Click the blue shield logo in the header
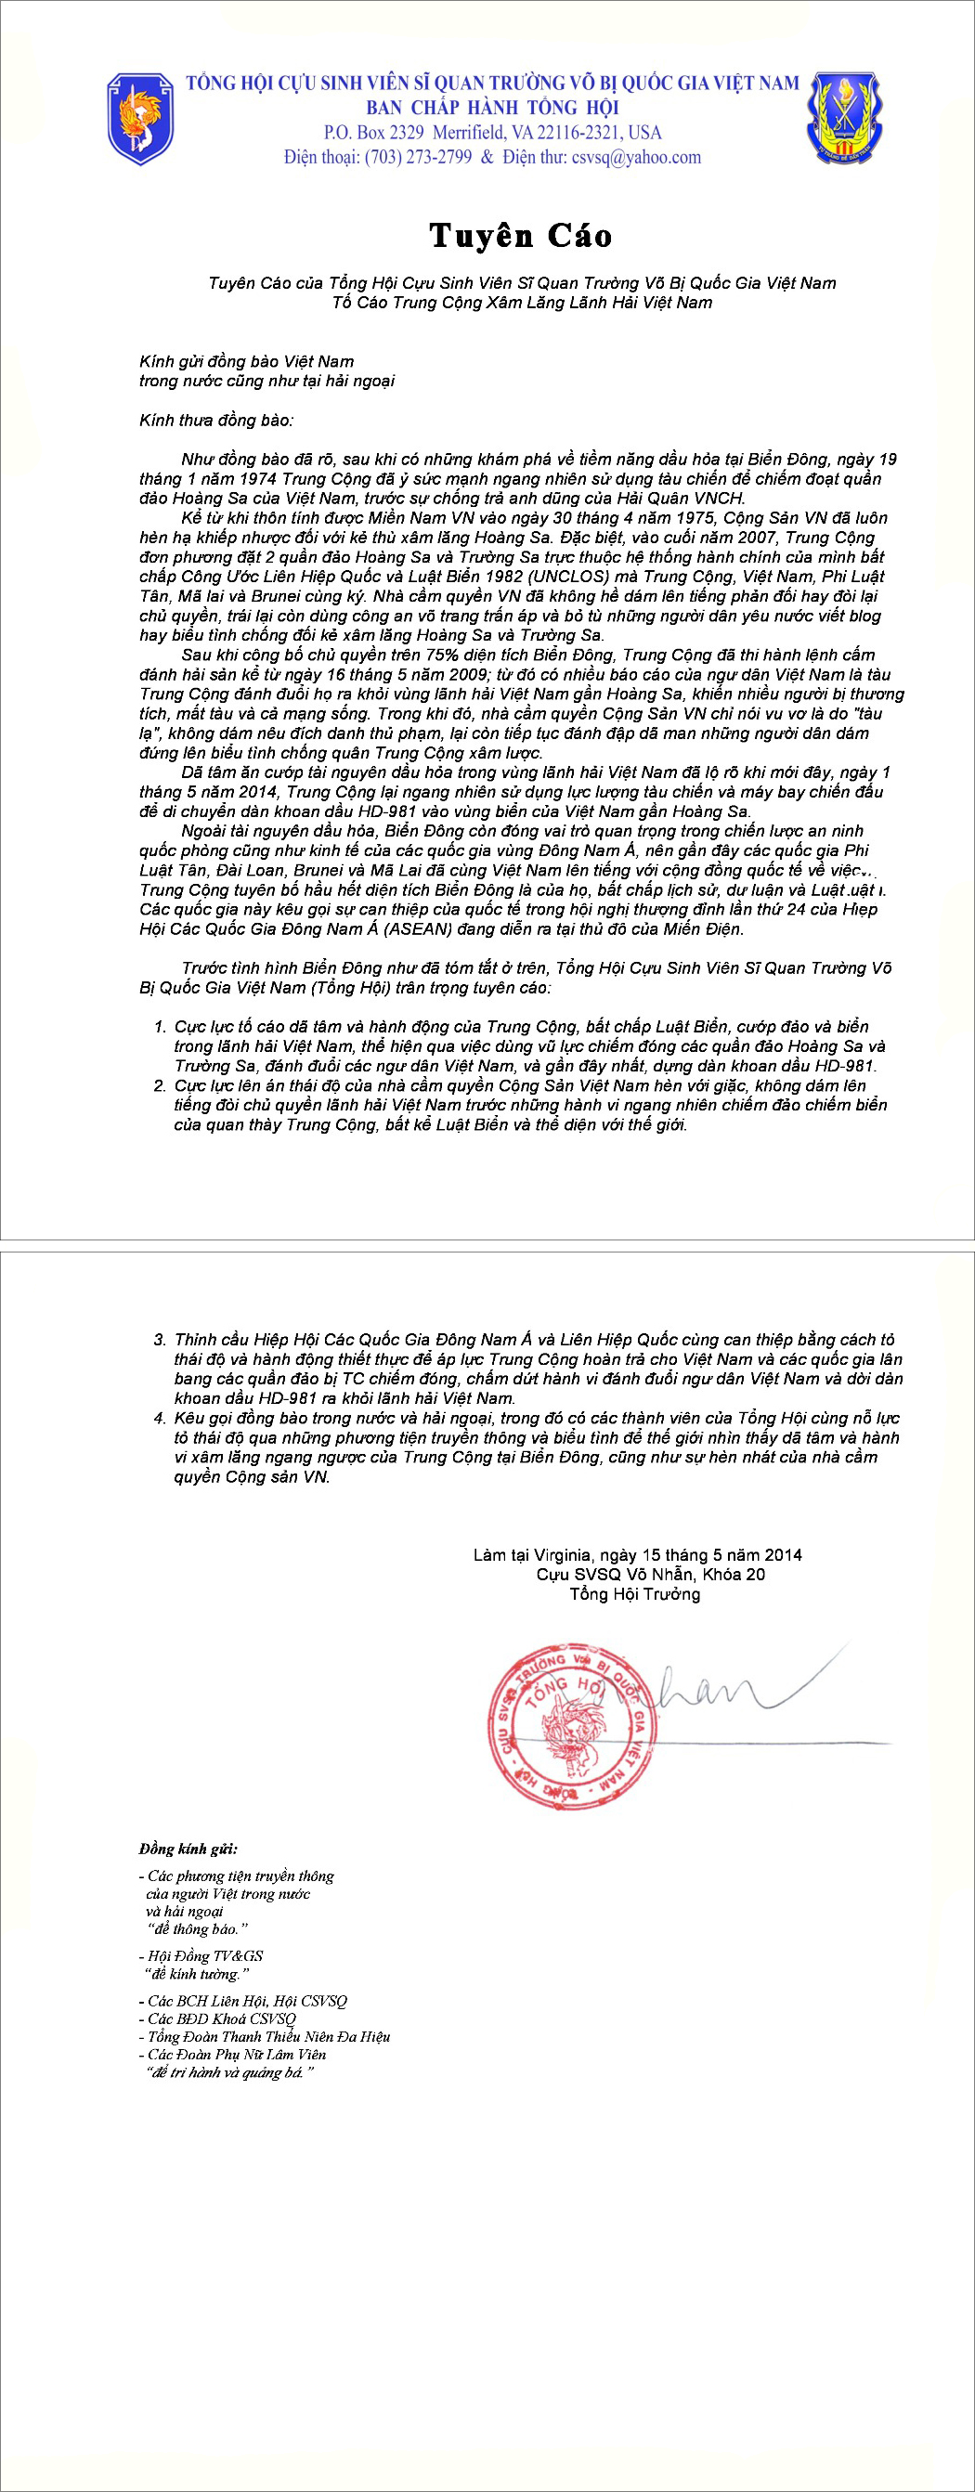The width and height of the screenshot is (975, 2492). pyautogui.click(x=140, y=118)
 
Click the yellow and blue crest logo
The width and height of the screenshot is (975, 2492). pyautogui.click(x=842, y=117)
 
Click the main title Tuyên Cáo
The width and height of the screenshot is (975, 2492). pyautogui.click(x=520, y=235)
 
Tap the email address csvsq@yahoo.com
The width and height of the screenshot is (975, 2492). pyautogui.click(x=636, y=158)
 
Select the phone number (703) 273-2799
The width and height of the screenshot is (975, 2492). pyautogui.click(x=418, y=158)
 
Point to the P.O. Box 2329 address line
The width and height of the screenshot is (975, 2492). pyautogui.click(x=492, y=133)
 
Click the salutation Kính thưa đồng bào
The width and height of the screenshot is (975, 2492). pyautogui.click(x=215, y=420)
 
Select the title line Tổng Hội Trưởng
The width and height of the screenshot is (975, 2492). pyautogui.click(x=634, y=1593)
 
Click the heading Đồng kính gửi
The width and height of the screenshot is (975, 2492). pyautogui.click(x=188, y=1849)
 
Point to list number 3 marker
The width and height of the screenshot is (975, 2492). pyautogui.click(x=160, y=1340)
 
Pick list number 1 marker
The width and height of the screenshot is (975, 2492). pyautogui.click(x=160, y=1026)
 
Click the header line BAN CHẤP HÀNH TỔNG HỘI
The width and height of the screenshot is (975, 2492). pyautogui.click(x=492, y=108)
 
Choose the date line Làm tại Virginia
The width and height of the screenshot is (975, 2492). pyautogui.click(x=636, y=1554)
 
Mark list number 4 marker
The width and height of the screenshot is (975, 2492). pyautogui.click(x=160, y=1418)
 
